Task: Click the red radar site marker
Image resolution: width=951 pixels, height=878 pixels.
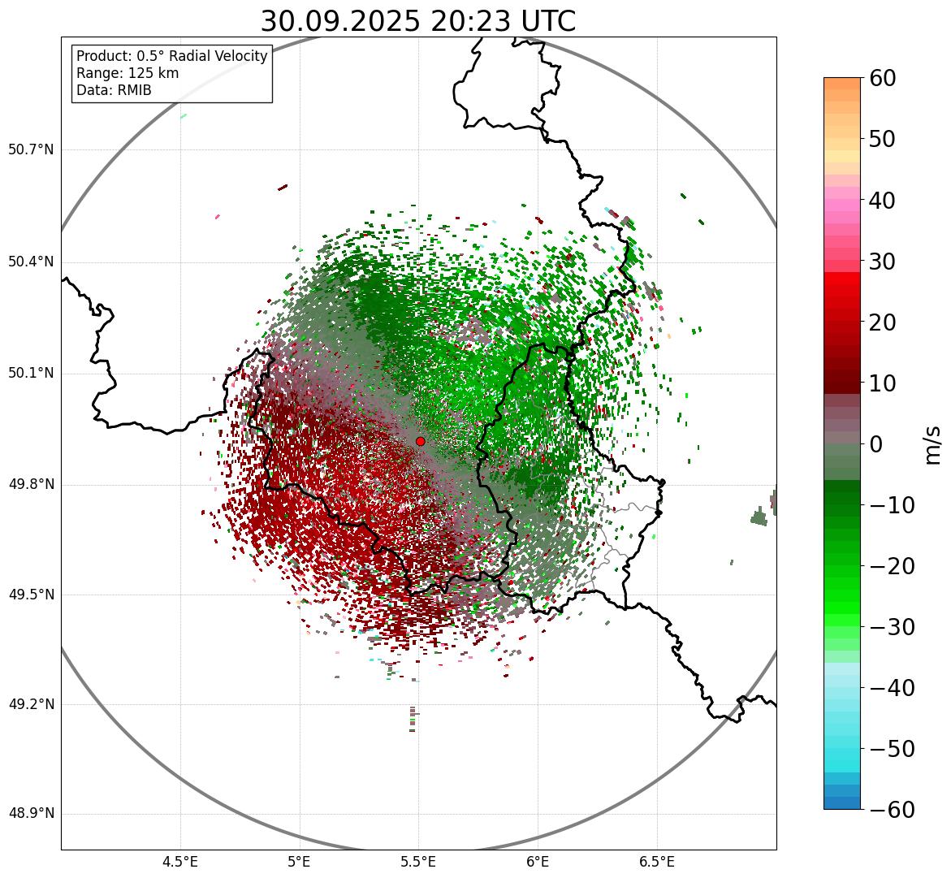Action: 420,441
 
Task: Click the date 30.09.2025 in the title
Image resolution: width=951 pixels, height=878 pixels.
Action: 340,21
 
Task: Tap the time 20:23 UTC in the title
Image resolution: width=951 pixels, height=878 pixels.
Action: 503,21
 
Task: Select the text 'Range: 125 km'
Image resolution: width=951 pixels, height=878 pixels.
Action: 128,73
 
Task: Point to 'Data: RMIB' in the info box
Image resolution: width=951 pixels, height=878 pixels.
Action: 114,90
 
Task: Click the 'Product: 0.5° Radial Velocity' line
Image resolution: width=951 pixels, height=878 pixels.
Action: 171,56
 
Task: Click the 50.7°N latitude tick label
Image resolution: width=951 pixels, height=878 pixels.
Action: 31,150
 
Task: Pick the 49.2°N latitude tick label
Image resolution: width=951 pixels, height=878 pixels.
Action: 31,704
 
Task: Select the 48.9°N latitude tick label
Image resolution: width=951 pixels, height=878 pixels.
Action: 31,814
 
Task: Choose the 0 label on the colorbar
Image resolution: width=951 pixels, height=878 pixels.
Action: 876,444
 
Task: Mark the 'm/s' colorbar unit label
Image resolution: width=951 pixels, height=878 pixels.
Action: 933,443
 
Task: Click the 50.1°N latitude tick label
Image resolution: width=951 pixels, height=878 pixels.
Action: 31,374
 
